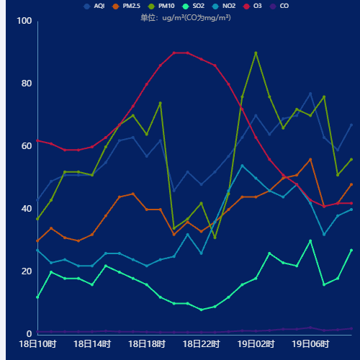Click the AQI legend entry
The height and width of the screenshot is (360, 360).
(94, 6)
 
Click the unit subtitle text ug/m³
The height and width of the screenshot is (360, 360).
(186, 17)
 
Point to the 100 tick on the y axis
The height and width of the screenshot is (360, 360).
(24, 21)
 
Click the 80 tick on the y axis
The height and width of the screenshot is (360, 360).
(27, 84)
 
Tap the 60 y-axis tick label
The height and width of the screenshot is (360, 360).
(27, 146)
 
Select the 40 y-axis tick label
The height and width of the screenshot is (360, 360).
(27, 209)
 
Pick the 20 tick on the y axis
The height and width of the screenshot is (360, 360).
(27, 271)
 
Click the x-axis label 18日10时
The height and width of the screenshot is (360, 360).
(37, 344)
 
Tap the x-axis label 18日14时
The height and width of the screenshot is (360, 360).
(92, 344)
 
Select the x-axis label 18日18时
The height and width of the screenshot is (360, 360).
(147, 344)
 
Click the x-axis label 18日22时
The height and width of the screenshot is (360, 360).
(202, 344)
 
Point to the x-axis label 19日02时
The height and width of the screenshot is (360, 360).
(256, 344)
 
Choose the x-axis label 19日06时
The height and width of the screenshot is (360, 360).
(311, 344)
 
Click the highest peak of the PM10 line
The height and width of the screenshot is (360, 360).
(256, 53)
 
